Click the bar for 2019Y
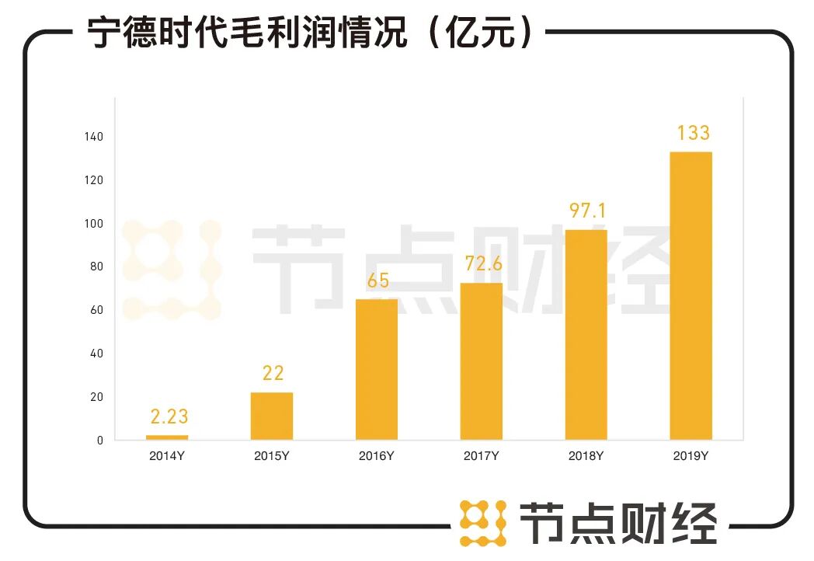click(x=691, y=295)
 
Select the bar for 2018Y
click(x=586, y=335)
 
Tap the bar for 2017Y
click(x=481, y=361)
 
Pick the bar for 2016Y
click(x=377, y=369)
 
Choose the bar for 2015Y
click(x=272, y=416)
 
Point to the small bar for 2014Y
click(x=167, y=437)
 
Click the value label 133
click(x=692, y=133)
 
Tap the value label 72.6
click(x=483, y=264)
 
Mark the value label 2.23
click(x=169, y=417)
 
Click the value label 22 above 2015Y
click(x=273, y=374)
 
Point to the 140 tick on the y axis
click(x=93, y=137)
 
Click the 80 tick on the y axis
click(x=96, y=267)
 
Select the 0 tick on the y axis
click(x=99, y=441)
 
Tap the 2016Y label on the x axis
click(x=376, y=456)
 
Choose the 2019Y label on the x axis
click(x=691, y=456)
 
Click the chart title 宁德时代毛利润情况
click(x=247, y=33)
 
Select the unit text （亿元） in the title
click(x=482, y=33)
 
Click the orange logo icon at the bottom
click(x=482, y=523)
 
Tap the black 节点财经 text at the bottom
click(x=617, y=522)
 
